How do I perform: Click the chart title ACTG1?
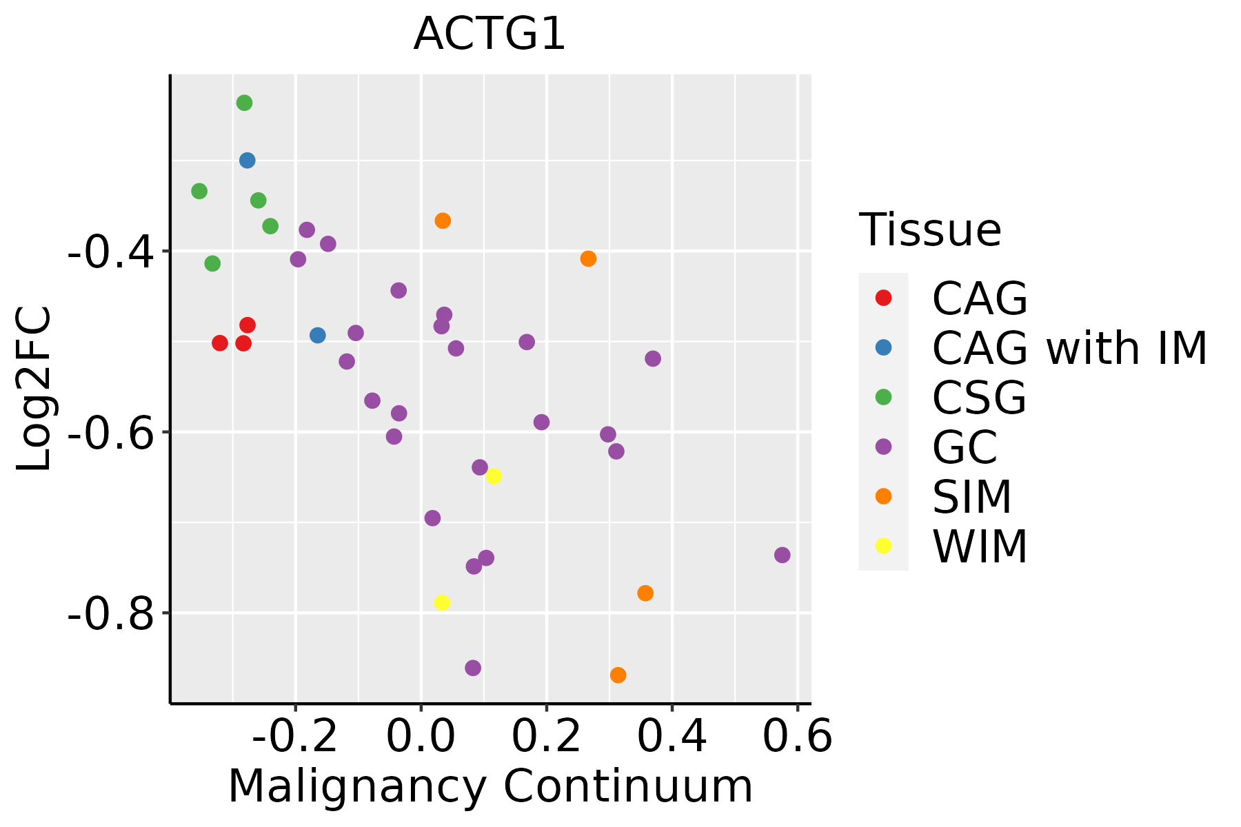tap(490, 34)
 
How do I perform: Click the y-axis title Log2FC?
tap(34, 389)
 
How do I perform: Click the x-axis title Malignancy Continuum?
tap(490, 786)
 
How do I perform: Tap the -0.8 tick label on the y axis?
tap(110, 613)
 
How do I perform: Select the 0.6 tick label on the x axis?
tap(798, 737)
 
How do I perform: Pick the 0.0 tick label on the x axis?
tap(421, 737)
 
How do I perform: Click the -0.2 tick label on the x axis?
tap(295, 737)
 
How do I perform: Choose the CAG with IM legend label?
tap(1069, 348)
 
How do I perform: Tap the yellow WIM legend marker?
tap(883, 546)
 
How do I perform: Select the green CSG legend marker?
tap(883, 397)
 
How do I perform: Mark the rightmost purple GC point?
tap(782, 555)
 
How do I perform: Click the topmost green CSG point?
tap(244, 103)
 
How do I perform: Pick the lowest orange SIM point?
tap(618, 675)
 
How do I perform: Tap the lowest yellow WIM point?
tap(442, 602)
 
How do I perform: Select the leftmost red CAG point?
tap(220, 343)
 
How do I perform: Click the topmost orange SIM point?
tap(443, 221)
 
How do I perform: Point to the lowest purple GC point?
tap(473, 668)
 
